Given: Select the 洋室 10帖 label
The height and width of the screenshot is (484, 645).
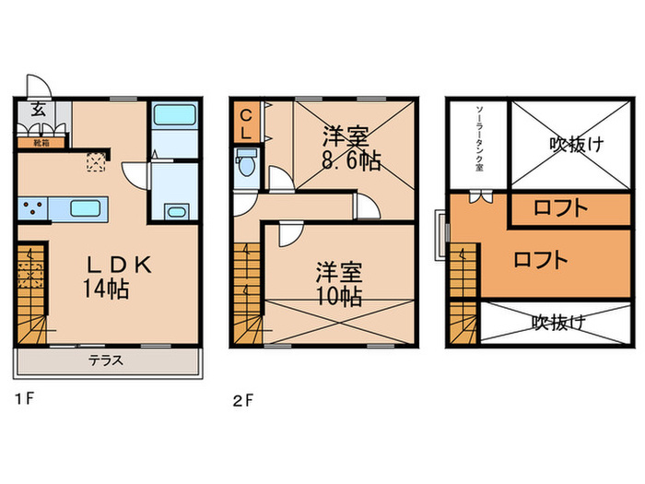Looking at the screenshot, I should point(338,284).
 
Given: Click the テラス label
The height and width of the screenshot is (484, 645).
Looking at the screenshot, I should point(106,360).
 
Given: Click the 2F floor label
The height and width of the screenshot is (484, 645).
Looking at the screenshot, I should point(242,400).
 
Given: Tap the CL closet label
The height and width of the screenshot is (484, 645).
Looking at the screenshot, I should point(247,124).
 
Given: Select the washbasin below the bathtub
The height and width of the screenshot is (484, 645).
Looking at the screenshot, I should point(174,210).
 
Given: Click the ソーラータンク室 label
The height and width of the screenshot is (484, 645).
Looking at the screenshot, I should point(478,139).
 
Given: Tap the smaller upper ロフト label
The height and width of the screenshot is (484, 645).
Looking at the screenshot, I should point(561,208).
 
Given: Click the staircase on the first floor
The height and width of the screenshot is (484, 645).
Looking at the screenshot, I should point(31,295).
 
